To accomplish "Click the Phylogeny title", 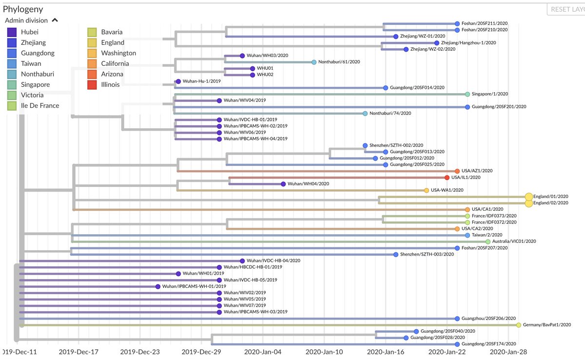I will (x=23, y=9).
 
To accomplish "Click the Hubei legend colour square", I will (x=13, y=32).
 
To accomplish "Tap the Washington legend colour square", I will (x=93, y=53).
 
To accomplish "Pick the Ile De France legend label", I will (x=40, y=105).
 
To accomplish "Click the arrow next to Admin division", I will (x=55, y=20).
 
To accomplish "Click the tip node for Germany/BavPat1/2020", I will (x=519, y=325).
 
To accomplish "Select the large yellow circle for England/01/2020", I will (x=529, y=197).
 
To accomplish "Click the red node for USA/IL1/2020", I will (x=447, y=178).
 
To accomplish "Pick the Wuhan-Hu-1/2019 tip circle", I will (x=178, y=81).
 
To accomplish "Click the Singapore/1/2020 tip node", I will (x=468, y=94).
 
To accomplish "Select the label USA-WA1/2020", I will (x=447, y=190).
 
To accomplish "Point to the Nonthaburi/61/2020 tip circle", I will (x=314, y=62).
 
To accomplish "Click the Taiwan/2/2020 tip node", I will (x=468, y=235).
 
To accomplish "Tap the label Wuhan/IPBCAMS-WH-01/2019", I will (x=191, y=286).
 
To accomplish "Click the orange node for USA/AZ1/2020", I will (x=457, y=171).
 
